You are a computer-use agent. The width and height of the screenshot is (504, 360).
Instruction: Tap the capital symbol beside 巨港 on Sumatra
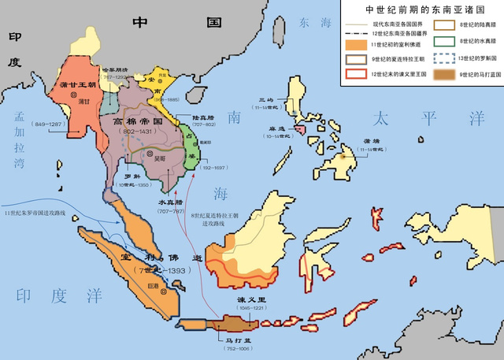(163, 288)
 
